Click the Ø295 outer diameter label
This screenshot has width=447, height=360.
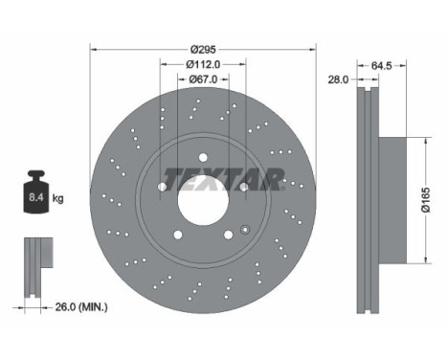pos(203,50)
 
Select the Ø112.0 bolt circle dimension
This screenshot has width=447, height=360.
pos(203,64)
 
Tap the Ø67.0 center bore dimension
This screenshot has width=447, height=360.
pos(203,79)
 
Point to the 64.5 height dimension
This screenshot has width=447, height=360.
pos(381,66)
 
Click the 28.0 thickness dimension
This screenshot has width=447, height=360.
pos(339,79)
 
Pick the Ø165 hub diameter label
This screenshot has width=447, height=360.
pos(426,200)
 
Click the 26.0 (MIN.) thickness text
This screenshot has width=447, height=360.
pos(81,307)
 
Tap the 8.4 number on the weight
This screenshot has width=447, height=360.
pos(36,197)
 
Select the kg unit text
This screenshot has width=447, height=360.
pos(57,198)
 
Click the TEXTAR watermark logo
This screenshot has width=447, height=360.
pos(224,179)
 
